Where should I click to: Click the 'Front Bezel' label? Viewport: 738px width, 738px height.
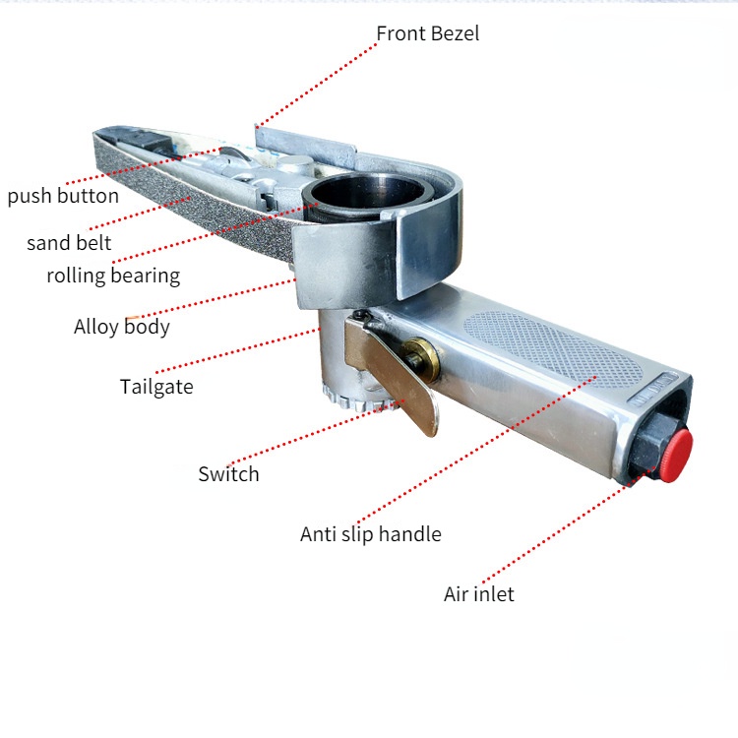(427, 33)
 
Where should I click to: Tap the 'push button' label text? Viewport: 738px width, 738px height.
(63, 196)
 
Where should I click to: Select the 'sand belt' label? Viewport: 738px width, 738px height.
(69, 243)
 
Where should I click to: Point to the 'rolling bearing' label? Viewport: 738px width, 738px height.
(113, 276)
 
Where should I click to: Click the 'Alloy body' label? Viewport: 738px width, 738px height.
(121, 327)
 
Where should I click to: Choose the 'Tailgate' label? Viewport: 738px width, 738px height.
(156, 386)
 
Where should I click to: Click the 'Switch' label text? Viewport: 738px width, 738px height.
(228, 474)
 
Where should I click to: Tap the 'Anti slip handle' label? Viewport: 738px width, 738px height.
(370, 534)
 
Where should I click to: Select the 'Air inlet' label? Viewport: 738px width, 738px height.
(478, 594)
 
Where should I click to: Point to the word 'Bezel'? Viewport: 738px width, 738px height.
(455, 33)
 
